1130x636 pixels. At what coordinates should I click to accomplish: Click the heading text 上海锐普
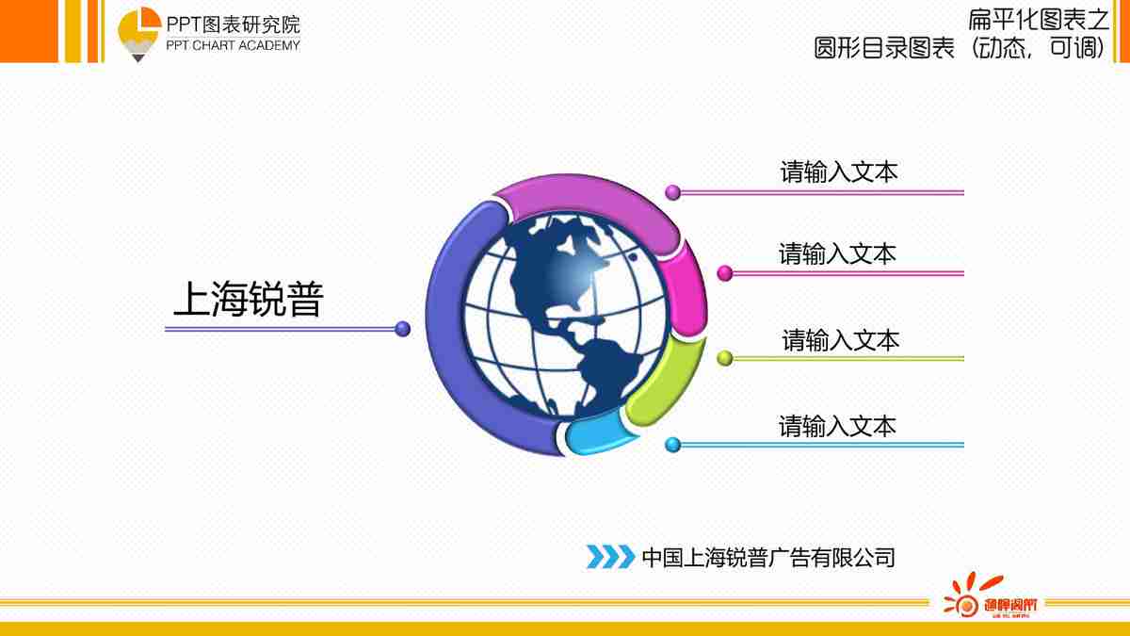tap(248, 300)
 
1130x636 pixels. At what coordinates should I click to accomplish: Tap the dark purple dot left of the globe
tap(403, 329)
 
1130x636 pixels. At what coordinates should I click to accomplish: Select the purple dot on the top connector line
tap(672, 192)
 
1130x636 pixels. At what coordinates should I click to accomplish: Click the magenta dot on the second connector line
tap(724, 273)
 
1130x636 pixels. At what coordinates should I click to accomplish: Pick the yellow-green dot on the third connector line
tap(724, 358)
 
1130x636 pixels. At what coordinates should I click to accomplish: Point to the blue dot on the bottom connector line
tap(672, 445)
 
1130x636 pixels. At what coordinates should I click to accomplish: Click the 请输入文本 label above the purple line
tap(838, 172)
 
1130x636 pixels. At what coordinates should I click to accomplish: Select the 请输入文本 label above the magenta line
tap(837, 253)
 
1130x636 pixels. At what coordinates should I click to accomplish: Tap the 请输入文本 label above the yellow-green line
tap(840, 339)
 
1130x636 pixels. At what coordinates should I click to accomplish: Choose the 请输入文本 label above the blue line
tap(837, 426)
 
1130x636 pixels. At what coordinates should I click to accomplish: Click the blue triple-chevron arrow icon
tap(610, 557)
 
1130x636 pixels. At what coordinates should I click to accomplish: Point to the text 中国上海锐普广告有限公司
tap(767, 557)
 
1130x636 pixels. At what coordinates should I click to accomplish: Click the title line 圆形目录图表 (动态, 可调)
tap(960, 47)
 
